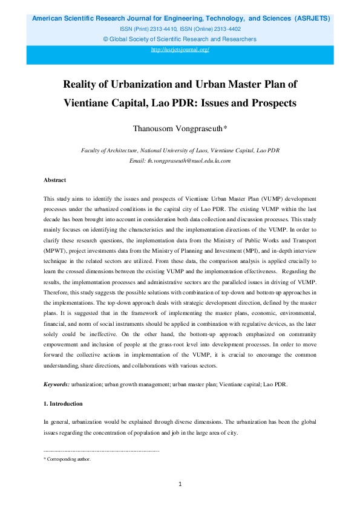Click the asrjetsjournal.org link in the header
click(180, 50)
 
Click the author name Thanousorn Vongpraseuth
click(180, 128)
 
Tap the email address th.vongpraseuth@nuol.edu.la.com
click(180, 161)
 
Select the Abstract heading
click(55, 180)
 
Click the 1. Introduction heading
click(64, 403)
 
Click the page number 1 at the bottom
click(180, 484)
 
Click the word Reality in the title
click(82, 83)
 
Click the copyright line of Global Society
click(180, 39)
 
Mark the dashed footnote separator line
click(102, 451)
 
